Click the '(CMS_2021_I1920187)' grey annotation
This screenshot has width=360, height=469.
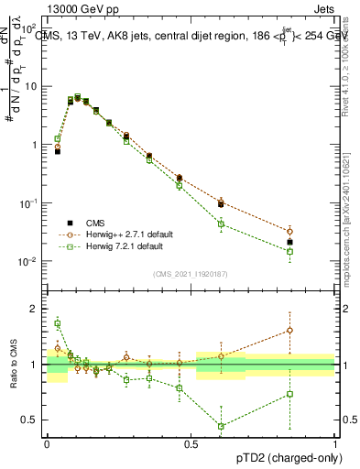pos(191,272)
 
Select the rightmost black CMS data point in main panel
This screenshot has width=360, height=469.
pos(315,243)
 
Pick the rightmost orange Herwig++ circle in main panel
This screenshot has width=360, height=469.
pos(315,232)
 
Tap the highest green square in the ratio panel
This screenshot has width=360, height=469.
pos(58,323)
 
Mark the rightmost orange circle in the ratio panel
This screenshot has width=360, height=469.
pos(315,330)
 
